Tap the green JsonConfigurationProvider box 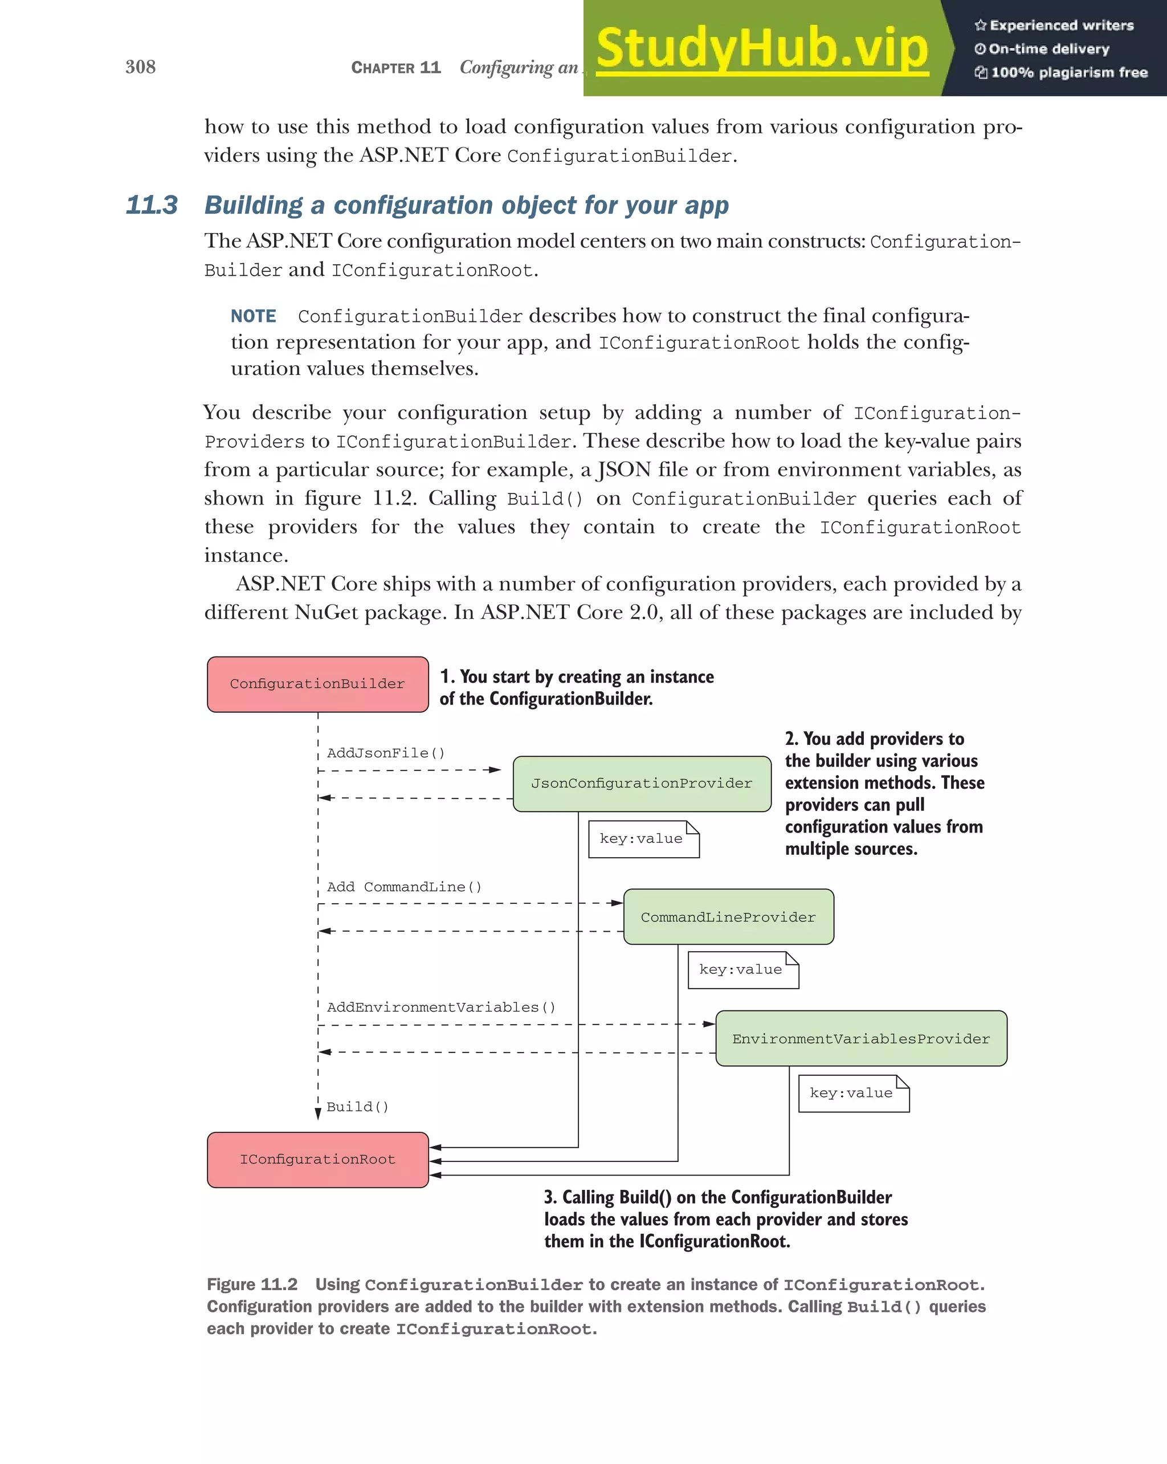[642, 784]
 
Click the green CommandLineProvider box [728, 917]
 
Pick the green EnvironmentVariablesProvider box [861, 1038]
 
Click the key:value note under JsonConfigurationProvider [642, 839]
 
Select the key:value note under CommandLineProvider [742, 970]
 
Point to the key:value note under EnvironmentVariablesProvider [852, 1092]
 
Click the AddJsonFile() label [386, 753]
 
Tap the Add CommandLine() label [404, 887]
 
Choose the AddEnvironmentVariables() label [440, 1007]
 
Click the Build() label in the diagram [357, 1107]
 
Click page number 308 [141, 67]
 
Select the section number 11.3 [152, 205]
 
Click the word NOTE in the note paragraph [253, 316]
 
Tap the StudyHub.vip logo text [762, 49]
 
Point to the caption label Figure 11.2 [252, 1284]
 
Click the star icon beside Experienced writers [980, 26]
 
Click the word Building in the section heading [253, 205]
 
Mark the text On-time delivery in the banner [1048, 49]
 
